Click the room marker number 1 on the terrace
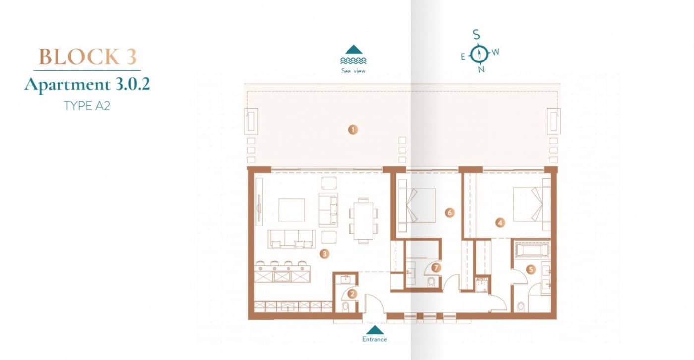pyautogui.click(x=352, y=130)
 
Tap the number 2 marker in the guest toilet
pyautogui.click(x=352, y=294)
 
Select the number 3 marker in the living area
pyautogui.click(x=324, y=254)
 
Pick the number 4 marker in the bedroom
pyautogui.click(x=500, y=223)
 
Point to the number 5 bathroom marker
pyautogui.click(x=531, y=270)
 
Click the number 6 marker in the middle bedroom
pyautogui.click(x=450, y=213)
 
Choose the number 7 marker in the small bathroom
pyautogui.click(x=436, y=268)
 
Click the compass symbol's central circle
pyautogui.click(x=479, y=53)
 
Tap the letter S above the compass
pyautogui.click(x=476, y=35)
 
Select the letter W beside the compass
pyautogui.click(x=495, y=52)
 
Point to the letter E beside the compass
pyautogui.click(x=463, y=57)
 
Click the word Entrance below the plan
pyautogui.click(x=374, y=340)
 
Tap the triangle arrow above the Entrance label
pyautogui.click(x=375, y=330)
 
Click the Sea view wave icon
pyautogui.click(x=353, y=60)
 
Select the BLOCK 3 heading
pyautogui.click(x=87, y=57)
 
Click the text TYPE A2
pyautogui.click(x=87, y=106)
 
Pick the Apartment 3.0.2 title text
pyautogui.click(x=87, y=85)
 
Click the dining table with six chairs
pyautogui.click(x=363, y=221)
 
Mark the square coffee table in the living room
pyautogui.click(x=291, y=210)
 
